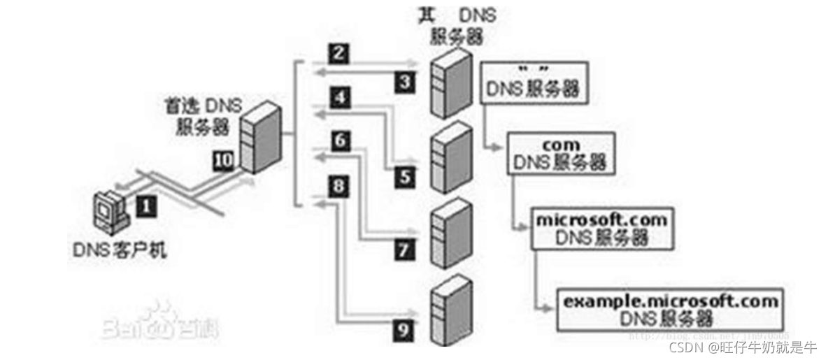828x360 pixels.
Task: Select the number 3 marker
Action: [404, 82]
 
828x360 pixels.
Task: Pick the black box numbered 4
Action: [339, 98]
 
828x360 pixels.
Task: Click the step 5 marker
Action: [404, 177]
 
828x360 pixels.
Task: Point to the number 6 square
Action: [339, 141]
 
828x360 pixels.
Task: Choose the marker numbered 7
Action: [404, 249]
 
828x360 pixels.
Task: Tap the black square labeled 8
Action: [339, 186]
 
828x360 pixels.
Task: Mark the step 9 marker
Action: [404, 329]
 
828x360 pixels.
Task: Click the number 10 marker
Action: [222, 159]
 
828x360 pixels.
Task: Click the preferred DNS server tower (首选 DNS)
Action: [259, 136]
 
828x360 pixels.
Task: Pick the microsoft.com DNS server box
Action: [601, 228]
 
